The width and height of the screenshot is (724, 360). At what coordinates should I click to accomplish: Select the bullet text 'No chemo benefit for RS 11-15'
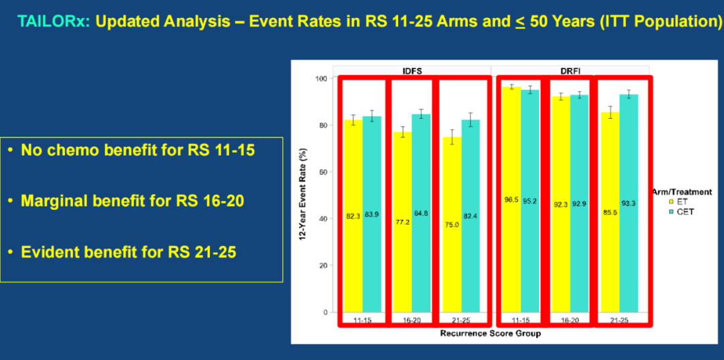(137, 150)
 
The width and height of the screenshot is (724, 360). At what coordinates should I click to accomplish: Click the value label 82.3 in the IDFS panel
(353, 216)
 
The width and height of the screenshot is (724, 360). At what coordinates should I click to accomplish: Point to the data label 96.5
(511, 200)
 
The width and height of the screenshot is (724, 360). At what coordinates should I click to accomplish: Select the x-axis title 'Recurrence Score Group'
(490, 333)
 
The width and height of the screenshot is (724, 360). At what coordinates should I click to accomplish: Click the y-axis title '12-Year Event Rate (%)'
(303, 195)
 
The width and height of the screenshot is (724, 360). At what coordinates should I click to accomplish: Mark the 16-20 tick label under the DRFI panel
(570, 320)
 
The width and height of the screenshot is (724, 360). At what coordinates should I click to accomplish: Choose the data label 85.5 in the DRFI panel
(610, 212)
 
